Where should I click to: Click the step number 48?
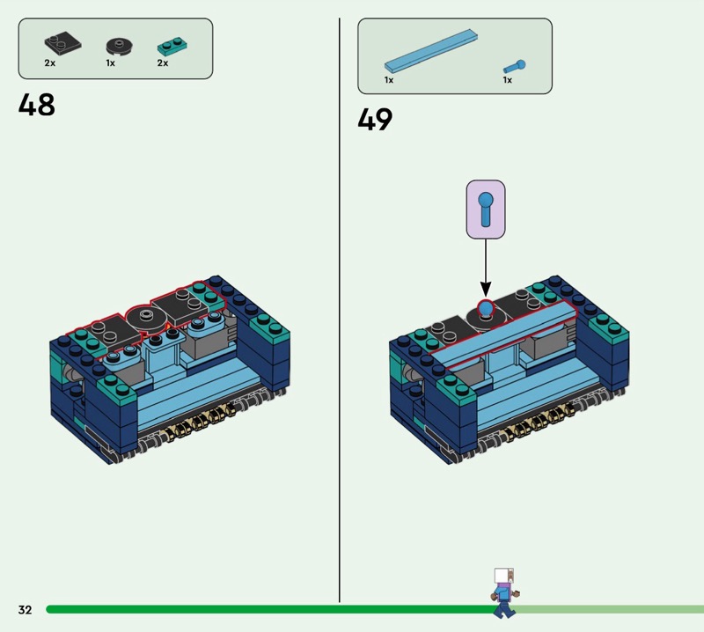pos(37,105)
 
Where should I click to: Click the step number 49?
pos(375,120)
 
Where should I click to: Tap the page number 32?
pos(26,609)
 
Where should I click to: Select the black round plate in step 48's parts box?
pos(120,47)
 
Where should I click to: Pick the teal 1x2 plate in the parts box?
pos(172,47)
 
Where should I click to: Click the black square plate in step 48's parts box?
pos(62,42)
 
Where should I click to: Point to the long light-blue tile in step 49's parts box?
pos(431,51)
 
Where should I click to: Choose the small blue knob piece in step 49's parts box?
pos(515,67)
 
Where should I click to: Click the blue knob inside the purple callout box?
pos(486,209)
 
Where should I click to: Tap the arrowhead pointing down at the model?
pos(486,289)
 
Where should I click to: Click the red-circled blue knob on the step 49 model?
pos(486,309)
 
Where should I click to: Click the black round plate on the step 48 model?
pos(145,318)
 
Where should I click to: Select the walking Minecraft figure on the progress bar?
pos(505,593)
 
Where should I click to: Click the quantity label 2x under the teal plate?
pos(163,62)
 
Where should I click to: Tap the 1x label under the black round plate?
pos(111,62)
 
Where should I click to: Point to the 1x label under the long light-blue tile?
pos(389,80)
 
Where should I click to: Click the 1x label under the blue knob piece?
pos(508,80)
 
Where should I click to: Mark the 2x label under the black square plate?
pos(50,62)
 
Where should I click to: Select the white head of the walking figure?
pos(503,576)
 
